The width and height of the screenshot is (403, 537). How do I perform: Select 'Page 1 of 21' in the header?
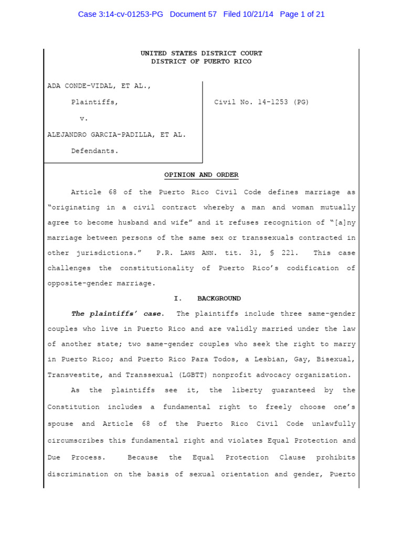pos(302,14)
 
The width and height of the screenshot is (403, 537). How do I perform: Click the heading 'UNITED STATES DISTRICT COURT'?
pos(201,53)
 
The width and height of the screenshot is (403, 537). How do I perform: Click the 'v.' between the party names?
pos(83,119)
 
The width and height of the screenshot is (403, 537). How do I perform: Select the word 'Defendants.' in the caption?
pos(95,151)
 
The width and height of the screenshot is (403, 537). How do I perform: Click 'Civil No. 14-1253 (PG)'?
pos(261,102)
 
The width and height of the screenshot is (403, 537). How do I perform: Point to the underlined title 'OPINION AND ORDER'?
pos(201,175)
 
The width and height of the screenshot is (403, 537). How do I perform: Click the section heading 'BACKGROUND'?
pos(219,298)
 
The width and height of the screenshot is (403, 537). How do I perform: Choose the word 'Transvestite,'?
pos(73,375)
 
